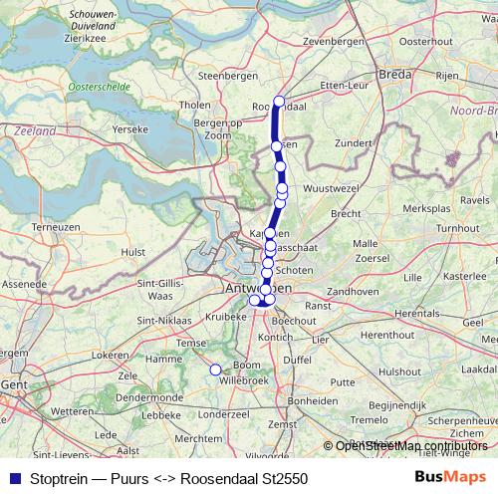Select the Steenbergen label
pos(222,75)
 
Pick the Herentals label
pos(415,313)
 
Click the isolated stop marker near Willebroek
pos(214,370)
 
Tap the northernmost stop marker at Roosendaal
pos(279,101)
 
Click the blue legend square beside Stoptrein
pos(12,478)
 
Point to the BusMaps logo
pos(450,477)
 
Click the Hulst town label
pos(132,253)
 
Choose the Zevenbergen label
pos(329,41)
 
